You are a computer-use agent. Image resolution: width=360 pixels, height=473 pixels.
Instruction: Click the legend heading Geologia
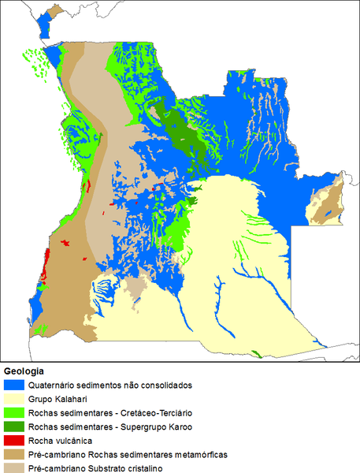coord(24,371)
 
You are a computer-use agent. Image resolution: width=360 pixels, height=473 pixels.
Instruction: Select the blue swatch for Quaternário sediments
coord(13,385)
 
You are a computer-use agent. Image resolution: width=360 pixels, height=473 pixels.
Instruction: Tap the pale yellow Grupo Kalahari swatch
coord(13,399)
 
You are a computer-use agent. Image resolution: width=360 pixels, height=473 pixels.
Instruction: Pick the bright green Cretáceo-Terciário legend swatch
coord(13,413)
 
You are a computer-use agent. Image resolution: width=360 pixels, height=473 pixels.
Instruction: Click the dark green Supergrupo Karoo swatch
coord(13,426)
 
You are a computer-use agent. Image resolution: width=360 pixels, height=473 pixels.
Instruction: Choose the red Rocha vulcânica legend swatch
coord(13,440)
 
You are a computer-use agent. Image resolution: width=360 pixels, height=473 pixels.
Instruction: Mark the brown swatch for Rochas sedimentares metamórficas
coord(13,454)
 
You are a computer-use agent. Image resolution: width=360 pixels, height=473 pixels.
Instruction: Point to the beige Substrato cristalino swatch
coord(13,467)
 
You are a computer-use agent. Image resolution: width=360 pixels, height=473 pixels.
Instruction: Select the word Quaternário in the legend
coord(52,385)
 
